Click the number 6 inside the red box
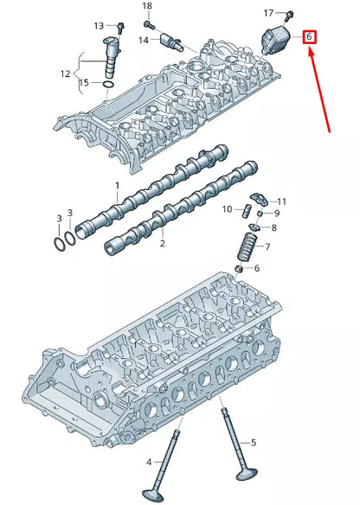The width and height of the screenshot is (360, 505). [x=309, y=36]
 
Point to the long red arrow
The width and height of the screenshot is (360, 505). [x=320, y=90]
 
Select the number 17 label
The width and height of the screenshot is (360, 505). [x=268, y=13]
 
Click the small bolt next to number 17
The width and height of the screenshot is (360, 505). [x=289, y=15]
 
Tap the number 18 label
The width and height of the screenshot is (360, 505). [x=147, y=6]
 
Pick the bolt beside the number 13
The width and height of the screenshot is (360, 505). [x=120, y=27]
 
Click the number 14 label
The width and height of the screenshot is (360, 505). [x=144, y=40]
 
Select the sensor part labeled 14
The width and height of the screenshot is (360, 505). [x=172, y=42]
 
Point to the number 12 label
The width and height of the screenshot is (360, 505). [x=65, y=74]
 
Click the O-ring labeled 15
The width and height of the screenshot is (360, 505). [x=108, y=85]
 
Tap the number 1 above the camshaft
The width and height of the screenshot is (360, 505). [x=118, y=186]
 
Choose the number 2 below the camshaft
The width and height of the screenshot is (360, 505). [x=163, y=243]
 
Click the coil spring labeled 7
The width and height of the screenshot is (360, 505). [x=247, y=246]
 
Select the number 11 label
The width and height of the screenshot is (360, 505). [x=282, y=201]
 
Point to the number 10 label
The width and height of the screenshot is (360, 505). [x=227, y=209]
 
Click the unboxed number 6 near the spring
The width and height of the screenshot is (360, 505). [x=257, y=268]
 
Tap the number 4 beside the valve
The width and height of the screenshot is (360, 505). [x=149, y=463]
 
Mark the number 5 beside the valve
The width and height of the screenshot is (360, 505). [x=254, y=443]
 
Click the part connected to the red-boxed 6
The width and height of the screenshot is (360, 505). [x=275, y=40]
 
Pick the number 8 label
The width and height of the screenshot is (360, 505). [x=274, y=228]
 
